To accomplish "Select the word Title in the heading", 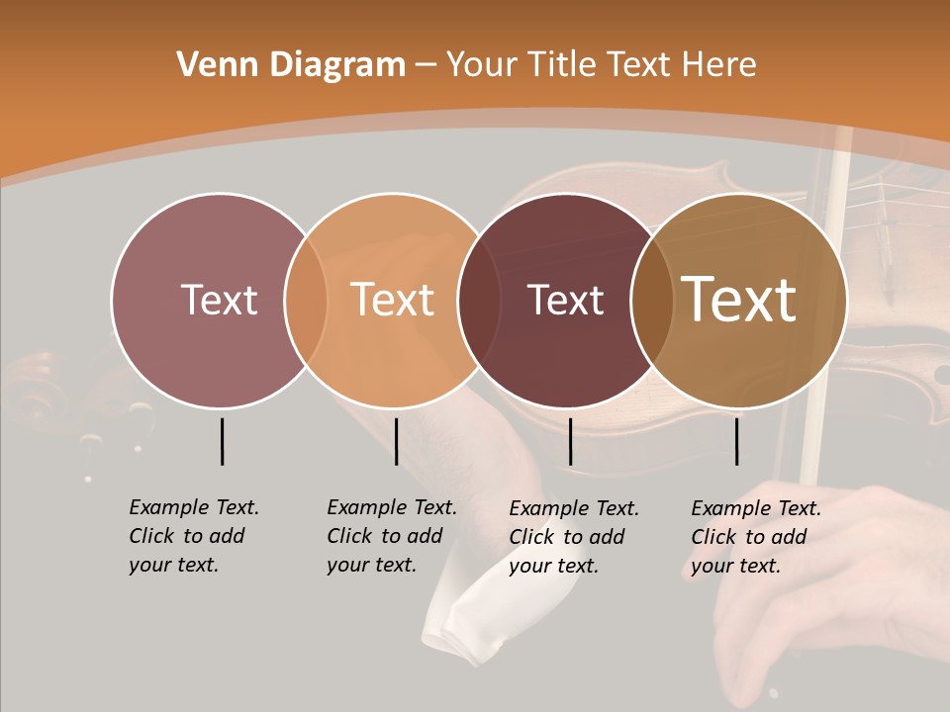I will pos(562,65).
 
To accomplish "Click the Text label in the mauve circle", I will pos(219,300).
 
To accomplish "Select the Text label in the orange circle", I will pos(393,300).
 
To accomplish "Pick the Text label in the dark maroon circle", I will pos(565,301).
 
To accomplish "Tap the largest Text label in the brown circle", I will pos(739,300).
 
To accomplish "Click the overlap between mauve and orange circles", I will pos(306,301).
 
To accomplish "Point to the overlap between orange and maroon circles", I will pos(479,301).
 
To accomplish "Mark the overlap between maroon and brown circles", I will pos(652,301).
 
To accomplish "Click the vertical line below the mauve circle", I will pos(222,441).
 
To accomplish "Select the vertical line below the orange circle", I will pos(396,441).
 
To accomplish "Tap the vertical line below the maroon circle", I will pos(570,441).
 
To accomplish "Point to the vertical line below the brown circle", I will pos(736,441).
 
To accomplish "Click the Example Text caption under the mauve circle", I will pos(193,536).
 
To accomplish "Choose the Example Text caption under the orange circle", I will pos(391,536).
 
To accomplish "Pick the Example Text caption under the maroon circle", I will pos(573,537).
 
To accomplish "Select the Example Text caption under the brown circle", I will pos(755,537).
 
